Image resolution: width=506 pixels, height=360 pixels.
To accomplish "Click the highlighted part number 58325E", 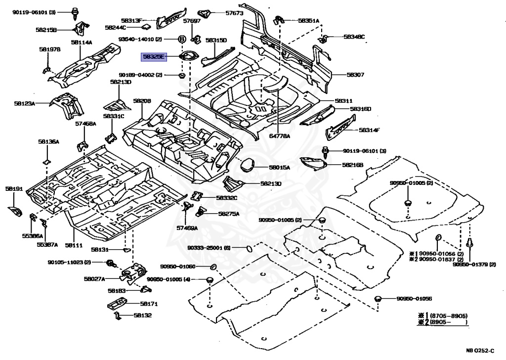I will pyautogui.click(x=153, y=57).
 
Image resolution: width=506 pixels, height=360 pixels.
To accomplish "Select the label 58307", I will pyautogui.click(x=355, y=75).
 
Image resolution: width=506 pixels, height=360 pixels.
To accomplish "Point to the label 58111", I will pyautogui.click(x=73, y=245).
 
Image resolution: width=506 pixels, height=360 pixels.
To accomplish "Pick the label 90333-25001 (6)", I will pyautogui.click(x=212, y=248).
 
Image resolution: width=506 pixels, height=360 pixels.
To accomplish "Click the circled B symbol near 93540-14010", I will pyautogui.click(x=181, y=39).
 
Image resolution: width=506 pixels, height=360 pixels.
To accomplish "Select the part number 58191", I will pyautogui.click(x=14, y=189).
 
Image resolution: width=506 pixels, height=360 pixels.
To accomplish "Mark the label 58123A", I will pyautogui.click(x=25, y=104).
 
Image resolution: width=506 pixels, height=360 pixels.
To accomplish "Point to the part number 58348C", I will pyautogui.click(x=354, y=37).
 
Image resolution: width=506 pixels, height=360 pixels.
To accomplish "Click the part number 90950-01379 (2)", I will pyautogui.click(x=474, y=265).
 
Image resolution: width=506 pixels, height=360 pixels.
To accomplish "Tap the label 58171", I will pyautogui.click(x=148, y=304).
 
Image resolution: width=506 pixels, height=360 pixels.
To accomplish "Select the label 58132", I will pyautogui.click(x=143, y=315).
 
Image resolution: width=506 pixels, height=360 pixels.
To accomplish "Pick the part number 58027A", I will pyautogui.click(x=94, y=279).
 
